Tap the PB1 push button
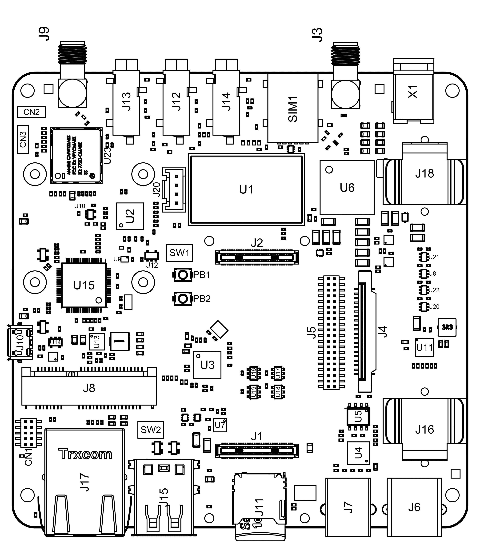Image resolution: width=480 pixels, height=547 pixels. (x=182, y=275)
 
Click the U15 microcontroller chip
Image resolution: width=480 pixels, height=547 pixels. (x=84, y=286)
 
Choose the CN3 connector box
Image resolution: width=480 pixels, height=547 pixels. (x=23, y=139)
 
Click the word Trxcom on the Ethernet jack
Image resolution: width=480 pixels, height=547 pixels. (x=85, y=454)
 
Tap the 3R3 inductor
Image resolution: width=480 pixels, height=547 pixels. (x=447, y=327)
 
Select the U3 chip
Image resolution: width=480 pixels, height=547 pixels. (x=207, y=365)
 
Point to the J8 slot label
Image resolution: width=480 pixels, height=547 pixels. (x=89, y=388)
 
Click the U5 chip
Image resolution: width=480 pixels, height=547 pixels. (x=358, y=416)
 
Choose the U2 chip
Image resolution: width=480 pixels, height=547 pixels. (x=130, y=216)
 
